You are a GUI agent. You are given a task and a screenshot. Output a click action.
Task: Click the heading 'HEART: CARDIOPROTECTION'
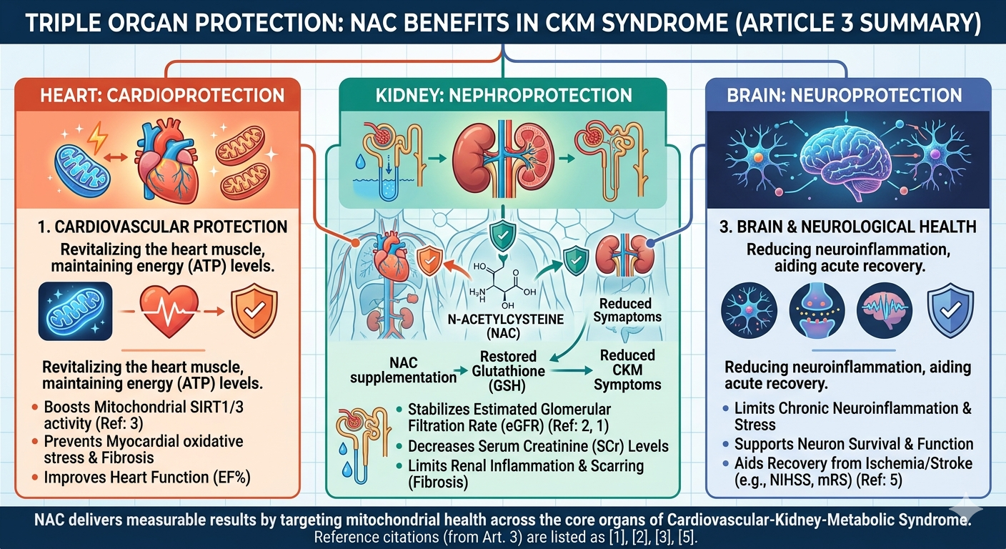click(x=163, y=95)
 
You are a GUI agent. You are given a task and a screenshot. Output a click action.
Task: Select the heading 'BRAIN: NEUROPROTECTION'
click(x=846, y=95)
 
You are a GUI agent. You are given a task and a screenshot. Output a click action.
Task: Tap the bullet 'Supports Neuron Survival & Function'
click(x=848, y=444)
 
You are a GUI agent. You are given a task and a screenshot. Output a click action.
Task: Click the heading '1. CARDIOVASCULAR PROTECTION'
click(x=163, y=227)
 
